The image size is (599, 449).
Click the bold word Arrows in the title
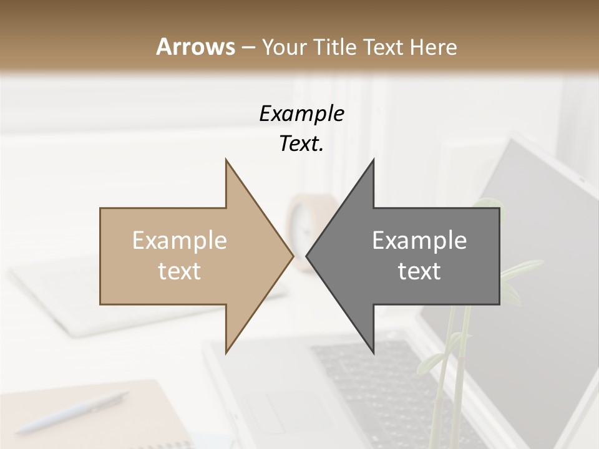pyautogui.click(x=195, y=47)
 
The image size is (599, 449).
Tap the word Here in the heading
pyautogui.click(x=433, y=47)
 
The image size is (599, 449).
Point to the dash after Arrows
pyautogui.click(x=248, y=47)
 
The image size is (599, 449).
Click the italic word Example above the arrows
pyautogui.click(x=302, y=115)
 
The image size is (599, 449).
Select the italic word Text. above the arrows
pyautogui.click(x=301, y=145)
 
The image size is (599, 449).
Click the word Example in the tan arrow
pyautogui.click(x=180, y=240)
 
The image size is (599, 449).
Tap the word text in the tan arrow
pyautogui.click(x=180, y=271)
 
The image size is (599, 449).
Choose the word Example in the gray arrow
pyautogui.click(x=419, y=240)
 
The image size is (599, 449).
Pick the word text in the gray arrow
pyautogui.click(x=419, y=271)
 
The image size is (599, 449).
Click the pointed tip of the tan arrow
pyautogui.click(x=292, y=256)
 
